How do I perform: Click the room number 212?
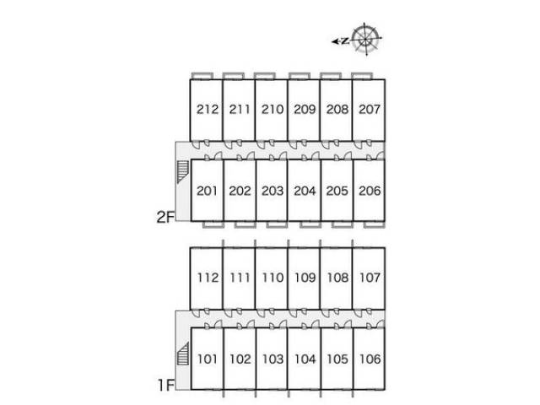(x=208, y=110)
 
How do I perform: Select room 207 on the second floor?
(x=370, y=110)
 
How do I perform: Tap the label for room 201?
(x=207, y=191)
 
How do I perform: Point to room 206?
(x=370, y=191)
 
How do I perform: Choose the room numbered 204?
(x=305, y=191)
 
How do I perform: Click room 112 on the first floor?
(x=208, y=278)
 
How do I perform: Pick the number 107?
(x=370, y=278)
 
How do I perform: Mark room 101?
(x=208, y=359)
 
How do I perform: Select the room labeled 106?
(x=370, y=359)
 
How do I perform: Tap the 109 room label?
(x=305, y=278)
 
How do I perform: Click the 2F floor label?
(x=164, y=217)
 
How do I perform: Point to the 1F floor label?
(x=166, y=385)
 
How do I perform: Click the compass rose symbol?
(x=365, y=39)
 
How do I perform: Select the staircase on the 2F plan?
(x=182, y=171)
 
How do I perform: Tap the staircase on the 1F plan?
(x=183, y=354)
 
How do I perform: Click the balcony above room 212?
(x=202, y=76)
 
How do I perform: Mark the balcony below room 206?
(x=375, y=224)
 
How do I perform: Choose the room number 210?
(x=272, y=110)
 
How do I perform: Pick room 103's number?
(x=273, y=359)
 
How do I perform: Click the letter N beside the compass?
(x=345, y=41)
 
